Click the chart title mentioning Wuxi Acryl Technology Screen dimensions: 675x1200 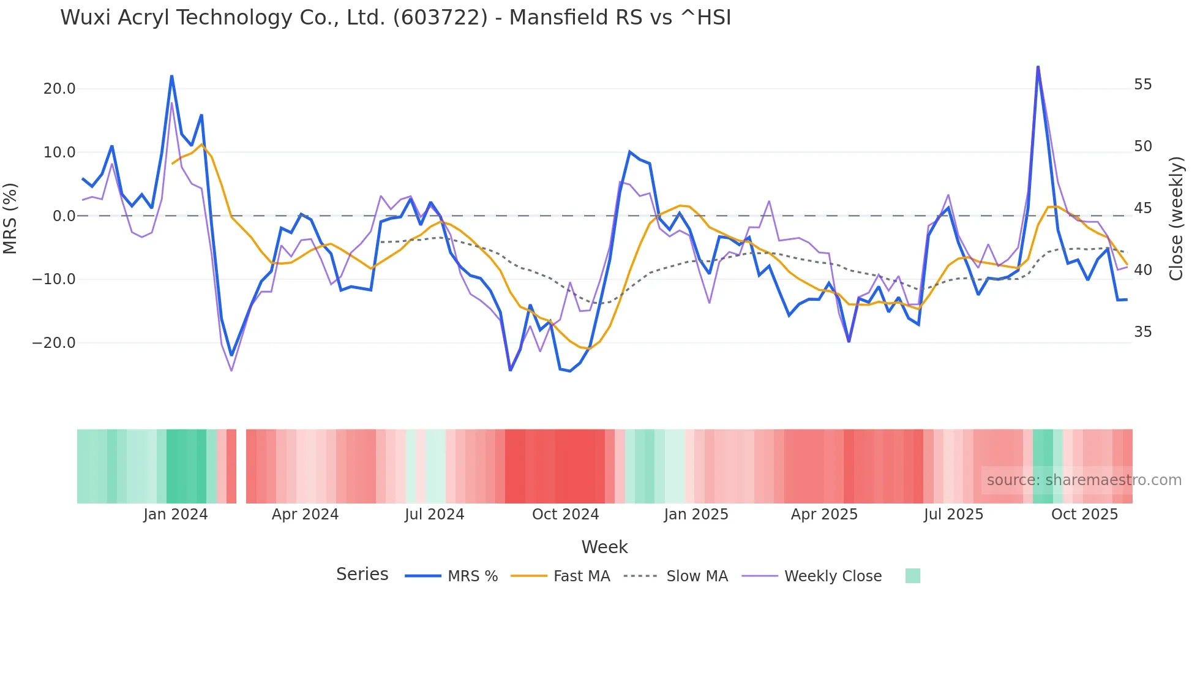[x=396, y=18]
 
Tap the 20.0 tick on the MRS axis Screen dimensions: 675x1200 [x=59, y=89]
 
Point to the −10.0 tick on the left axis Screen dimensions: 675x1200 [x=54, y=279]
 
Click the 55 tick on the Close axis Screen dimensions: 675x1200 [x=1142, y=85]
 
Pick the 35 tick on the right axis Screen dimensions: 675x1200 [x=1142, y=332]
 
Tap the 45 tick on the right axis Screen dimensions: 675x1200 [x=1142, y=208]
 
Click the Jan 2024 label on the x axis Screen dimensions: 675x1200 [x=176, y=515]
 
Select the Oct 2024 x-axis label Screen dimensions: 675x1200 [x=565, y=515]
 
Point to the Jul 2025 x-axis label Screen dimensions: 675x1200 [x=953, y=515]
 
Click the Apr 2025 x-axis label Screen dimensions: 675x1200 [x=824, y=515]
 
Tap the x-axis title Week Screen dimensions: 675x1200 [x=604, y=547]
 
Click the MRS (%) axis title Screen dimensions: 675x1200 [x=10, y=218]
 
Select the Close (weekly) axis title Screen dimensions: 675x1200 [x=1176, y=218]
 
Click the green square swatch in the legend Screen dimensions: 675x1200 [x=912, y=576]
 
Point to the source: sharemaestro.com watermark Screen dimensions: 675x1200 [x=1084, y=480]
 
